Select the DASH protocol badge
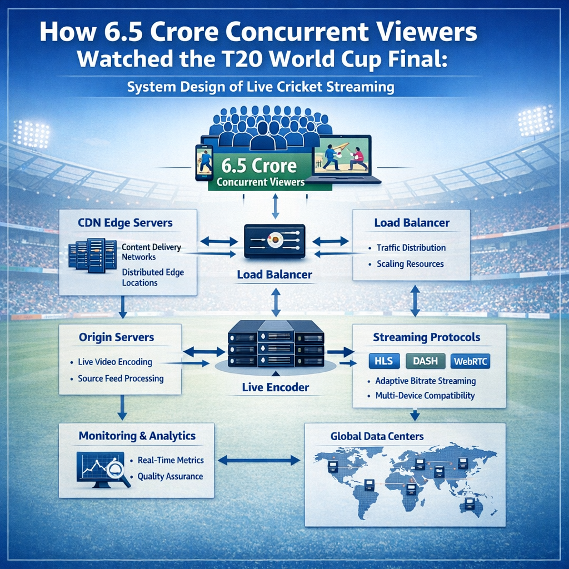click(x=426, y=361)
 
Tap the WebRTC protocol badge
click(x=470, y=361)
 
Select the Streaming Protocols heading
click(x=427, y=337)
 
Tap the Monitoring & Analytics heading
click(x=137, y=436)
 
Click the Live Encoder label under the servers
click(x=276, y=387)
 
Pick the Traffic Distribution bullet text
click(x=411, y=247)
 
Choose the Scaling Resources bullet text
click(x=410, y=264)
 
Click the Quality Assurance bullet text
click(x=170, y=476)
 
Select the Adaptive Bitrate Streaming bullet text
click(x=426, y=381)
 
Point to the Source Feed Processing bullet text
click(x=121, y=378)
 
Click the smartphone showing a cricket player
click(x=204, y=162)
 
